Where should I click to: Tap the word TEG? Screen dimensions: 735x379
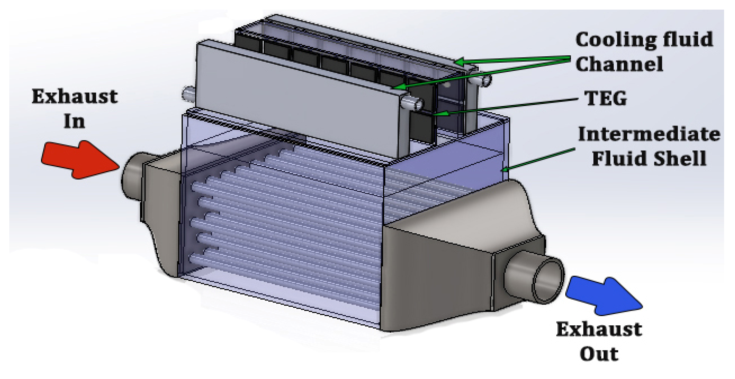click(606, 99)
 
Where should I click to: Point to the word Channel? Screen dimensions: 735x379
click(619, 64)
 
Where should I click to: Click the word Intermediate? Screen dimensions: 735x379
click(649, 134)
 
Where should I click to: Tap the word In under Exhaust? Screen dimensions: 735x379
click(74, 122)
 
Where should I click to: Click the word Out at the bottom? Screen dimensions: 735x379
click(599, 354)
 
